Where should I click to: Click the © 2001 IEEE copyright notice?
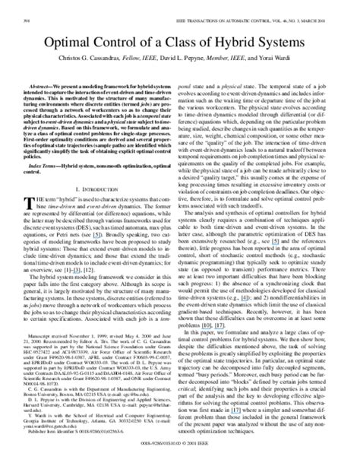click(213, 459)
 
